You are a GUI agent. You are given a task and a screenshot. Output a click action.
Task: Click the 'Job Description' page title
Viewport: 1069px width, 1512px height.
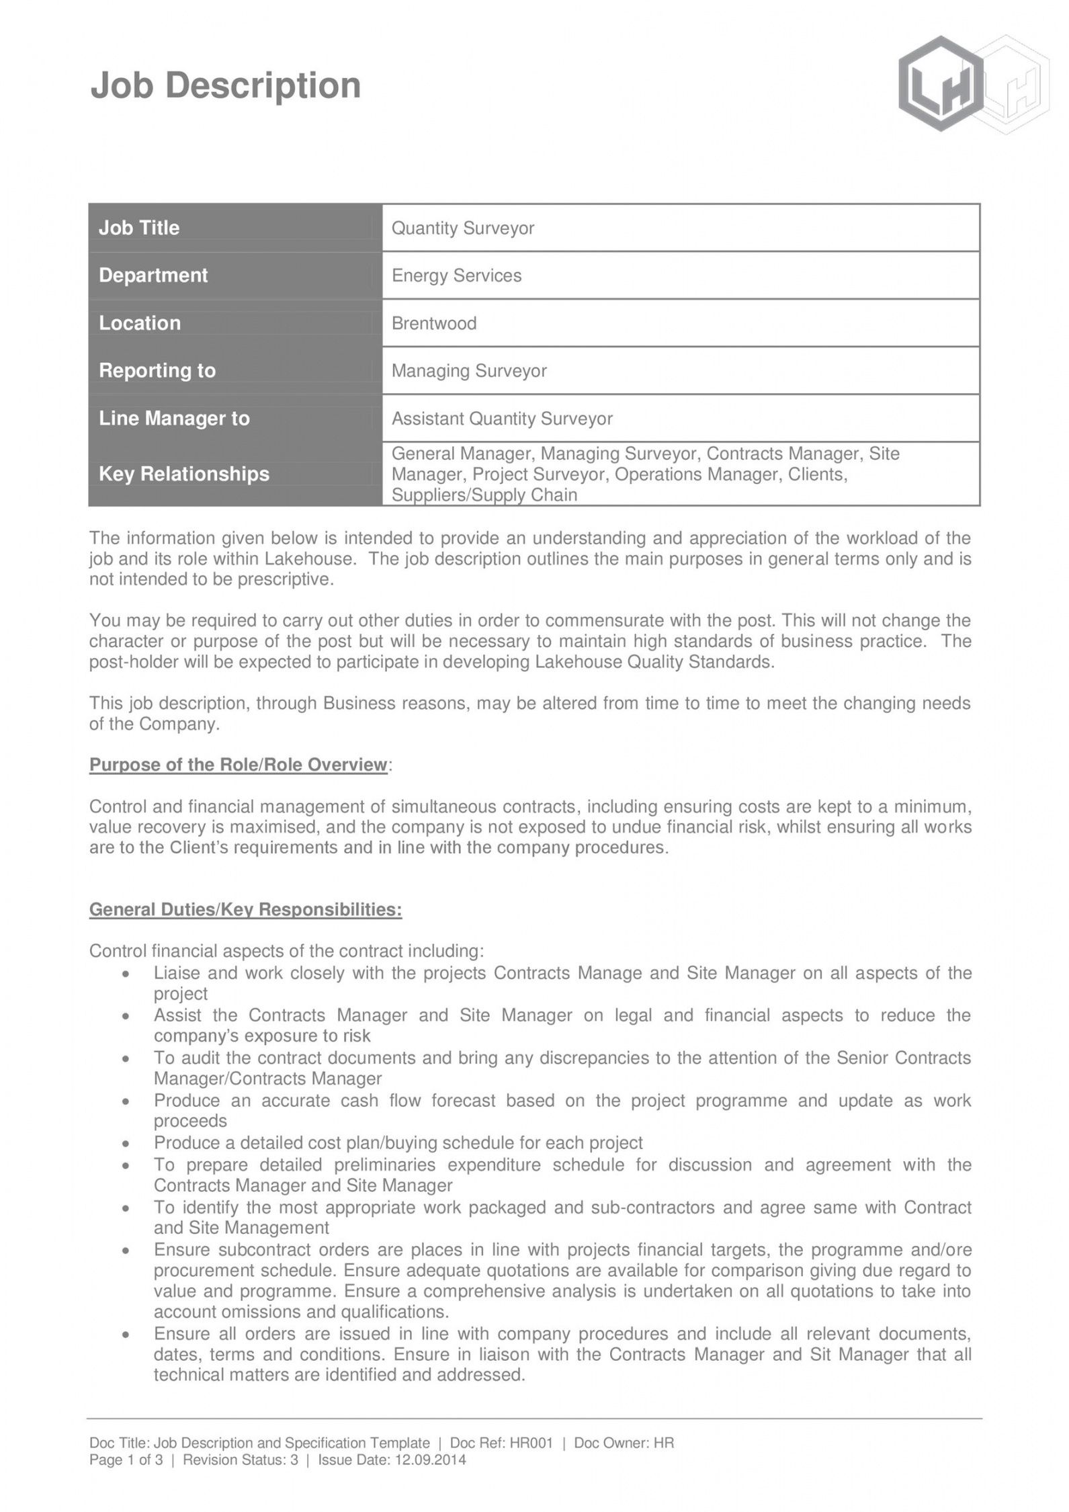[226, 87]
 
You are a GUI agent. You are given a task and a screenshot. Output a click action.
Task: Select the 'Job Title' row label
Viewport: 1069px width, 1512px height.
[139, 228]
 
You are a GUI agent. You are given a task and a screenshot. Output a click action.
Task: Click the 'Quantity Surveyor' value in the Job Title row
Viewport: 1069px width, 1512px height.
[462, 228]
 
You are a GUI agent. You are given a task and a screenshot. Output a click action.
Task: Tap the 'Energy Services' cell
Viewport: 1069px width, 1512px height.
[456, 276]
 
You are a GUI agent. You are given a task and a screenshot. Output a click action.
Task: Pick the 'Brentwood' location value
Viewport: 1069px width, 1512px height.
[434, 323]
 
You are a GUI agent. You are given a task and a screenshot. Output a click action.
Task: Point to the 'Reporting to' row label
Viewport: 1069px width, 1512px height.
[157, 371]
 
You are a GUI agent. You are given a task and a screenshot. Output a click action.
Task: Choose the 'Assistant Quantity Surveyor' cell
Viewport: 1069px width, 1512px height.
[502, 419]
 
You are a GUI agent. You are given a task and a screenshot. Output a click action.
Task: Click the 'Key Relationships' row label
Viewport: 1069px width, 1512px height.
[183, 474]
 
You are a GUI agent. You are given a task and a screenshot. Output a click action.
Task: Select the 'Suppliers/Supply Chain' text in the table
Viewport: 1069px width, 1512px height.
[484, 495]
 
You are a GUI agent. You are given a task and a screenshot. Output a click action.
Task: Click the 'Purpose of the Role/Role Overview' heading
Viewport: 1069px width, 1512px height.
[239, 765]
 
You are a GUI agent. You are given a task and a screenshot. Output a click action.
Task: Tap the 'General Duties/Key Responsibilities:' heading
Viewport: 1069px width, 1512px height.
[245, 909]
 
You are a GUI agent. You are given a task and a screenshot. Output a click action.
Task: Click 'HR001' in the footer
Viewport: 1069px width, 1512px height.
[531, 1443]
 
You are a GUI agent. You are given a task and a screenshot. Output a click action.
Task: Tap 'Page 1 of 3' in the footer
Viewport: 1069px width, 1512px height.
[126, 1460]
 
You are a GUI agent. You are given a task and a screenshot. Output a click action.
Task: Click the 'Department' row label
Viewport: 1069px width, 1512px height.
[153, 276]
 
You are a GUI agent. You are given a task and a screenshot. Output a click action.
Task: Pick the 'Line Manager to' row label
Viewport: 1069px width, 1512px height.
[174, 419]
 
